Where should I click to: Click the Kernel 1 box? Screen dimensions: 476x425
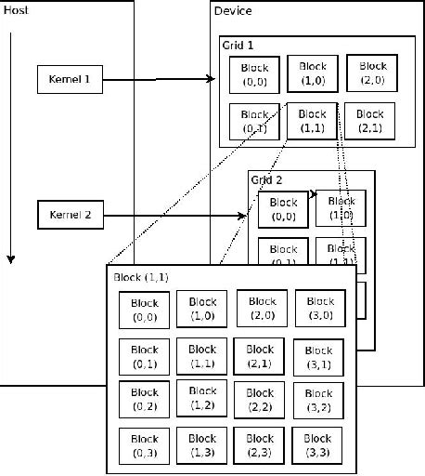point(69,80)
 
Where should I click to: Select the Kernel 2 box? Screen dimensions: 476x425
point(69,216)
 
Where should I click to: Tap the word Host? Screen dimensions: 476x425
point(16,9)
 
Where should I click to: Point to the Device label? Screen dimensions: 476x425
point(232,11)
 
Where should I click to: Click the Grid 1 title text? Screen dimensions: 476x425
point(238,45)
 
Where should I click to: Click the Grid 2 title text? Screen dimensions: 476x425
point(267,179)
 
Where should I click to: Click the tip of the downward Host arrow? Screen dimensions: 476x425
point(10,260)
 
